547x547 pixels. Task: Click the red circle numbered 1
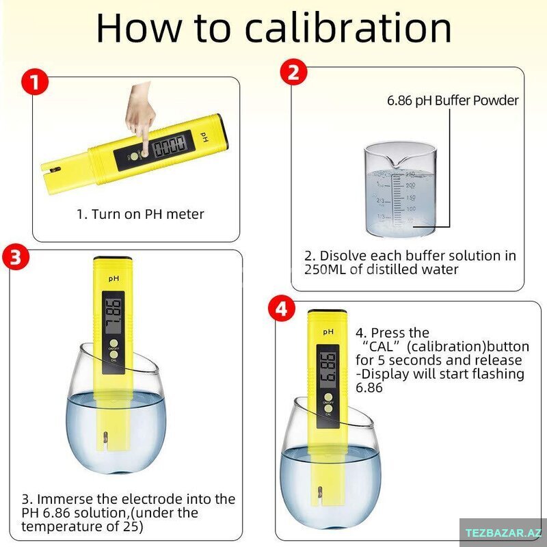[x=35, y=81]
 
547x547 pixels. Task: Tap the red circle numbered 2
[x=294, y=72]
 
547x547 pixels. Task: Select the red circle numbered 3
[x=16, y=257]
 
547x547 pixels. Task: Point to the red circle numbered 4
[x=282, y=309]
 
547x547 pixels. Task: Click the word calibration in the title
[x=348, y=27]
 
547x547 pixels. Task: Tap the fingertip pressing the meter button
[x=144, y=152]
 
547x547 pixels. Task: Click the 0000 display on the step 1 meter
[x=170, y=146]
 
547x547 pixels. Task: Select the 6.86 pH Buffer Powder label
[x=453, y=101]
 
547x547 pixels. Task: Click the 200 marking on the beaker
[x=410, y=185]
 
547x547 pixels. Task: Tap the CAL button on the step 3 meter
[x=114, y=354]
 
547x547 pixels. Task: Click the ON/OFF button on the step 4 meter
[x=328, y=397]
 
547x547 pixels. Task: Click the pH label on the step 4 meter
[x=328, y=332]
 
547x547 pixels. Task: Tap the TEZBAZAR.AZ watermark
[x=503, y=533]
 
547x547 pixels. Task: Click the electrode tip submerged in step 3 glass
[x=105, y=438]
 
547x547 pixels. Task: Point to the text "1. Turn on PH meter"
[x=140, y=214]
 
